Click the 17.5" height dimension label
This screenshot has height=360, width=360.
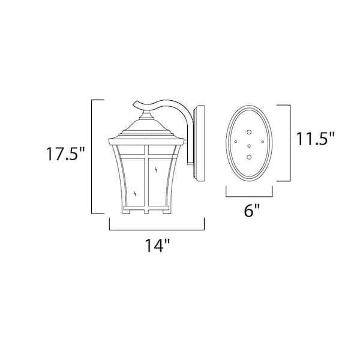(65, 154)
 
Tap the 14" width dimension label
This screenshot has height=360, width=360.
(157, 245)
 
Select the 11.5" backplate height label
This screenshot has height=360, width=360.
(316, 139)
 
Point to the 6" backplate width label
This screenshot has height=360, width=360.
(251, 211)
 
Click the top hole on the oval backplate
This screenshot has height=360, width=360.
(249, 132)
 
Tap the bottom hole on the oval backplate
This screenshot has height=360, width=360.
(249, 157)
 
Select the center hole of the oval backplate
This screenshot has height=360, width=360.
(249, 146)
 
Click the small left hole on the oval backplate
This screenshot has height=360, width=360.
(236, 142)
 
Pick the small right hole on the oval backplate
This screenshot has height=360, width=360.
(263, 142)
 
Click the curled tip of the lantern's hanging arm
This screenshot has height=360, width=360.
(134, 104)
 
